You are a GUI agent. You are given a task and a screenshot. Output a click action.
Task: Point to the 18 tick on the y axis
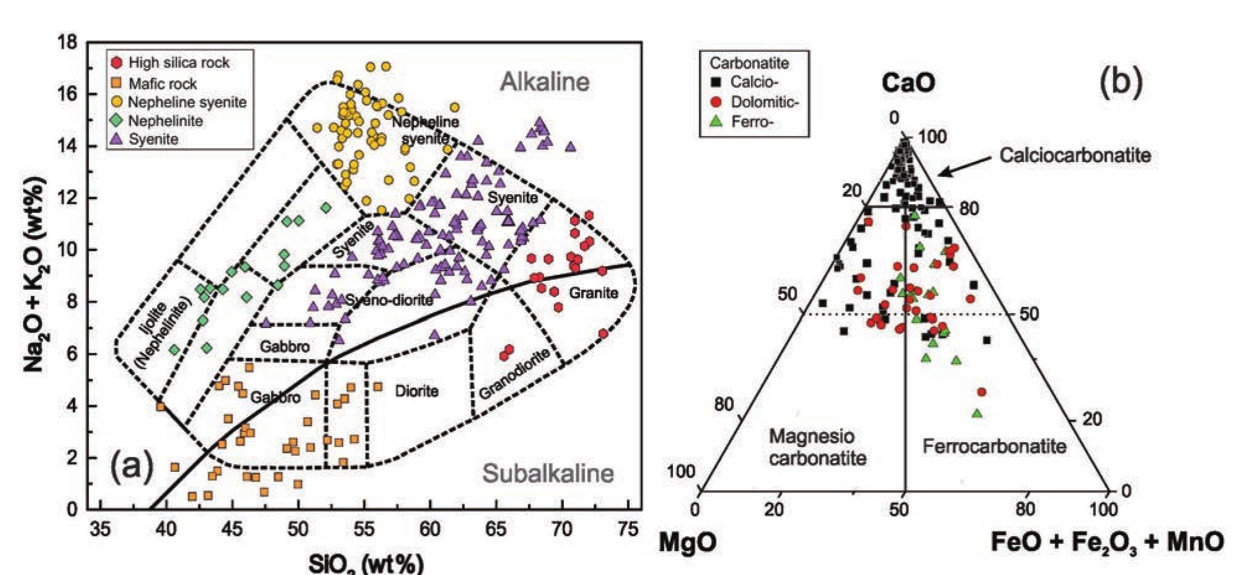pyautogui.click(x=68, y=43)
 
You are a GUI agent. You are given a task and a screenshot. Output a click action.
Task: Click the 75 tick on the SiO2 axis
pyautogui.click(x=628, y=529)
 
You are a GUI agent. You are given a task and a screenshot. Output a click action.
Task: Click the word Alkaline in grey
pyautogui.click(x=544, y=82)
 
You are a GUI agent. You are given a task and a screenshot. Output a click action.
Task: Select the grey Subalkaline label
pyautogui.click(x=548, y=473)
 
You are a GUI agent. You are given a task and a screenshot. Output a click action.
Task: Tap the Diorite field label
pyautogui.click(x=416, y=391)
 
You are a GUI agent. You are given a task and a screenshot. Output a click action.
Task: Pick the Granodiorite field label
pyautogui.click(x=514, y=374)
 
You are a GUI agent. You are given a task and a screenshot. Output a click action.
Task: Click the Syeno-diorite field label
pyautogui.click(x=389, y=301)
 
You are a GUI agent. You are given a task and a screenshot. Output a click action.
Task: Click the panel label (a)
pyautogui.click(x=131, y=468)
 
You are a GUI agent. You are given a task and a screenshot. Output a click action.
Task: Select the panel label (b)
pyautogui.click(x=1120, y=82)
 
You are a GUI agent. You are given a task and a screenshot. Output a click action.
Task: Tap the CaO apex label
pyautogui.click(x=907, y=83)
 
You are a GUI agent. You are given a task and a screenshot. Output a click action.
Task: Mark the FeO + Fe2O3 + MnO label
pyautogui.click(x=1107, y=542)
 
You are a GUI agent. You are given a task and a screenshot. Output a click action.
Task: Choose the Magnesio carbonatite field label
pyautogui.click(x=817, y=447)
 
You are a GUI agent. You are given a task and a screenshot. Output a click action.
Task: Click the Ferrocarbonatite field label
pyautogui.click(x=994, y=446)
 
